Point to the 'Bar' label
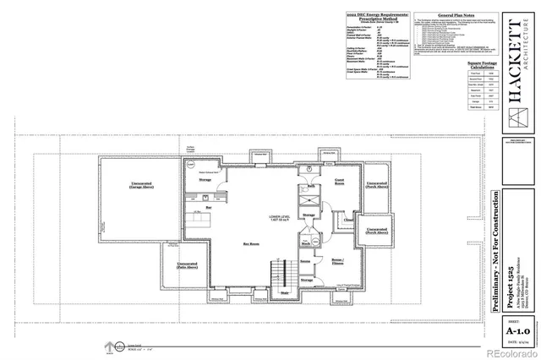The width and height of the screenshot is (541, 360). [208, 205]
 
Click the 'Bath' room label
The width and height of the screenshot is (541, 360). [311, 186]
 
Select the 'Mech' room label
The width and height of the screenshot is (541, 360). [303, 246]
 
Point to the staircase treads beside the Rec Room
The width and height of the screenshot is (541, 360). [276, 274]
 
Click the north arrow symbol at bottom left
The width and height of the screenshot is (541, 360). [108, 345]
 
